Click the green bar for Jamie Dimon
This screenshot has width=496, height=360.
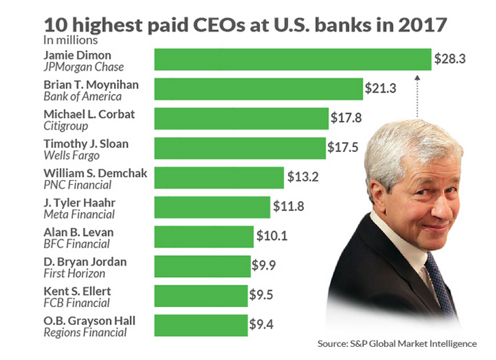(292, 60)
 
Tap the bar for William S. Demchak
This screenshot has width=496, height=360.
(219, 177)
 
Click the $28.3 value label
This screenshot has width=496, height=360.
(450, 60)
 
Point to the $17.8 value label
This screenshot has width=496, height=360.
(347, 118)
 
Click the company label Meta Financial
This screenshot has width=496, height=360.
(73, 214)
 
